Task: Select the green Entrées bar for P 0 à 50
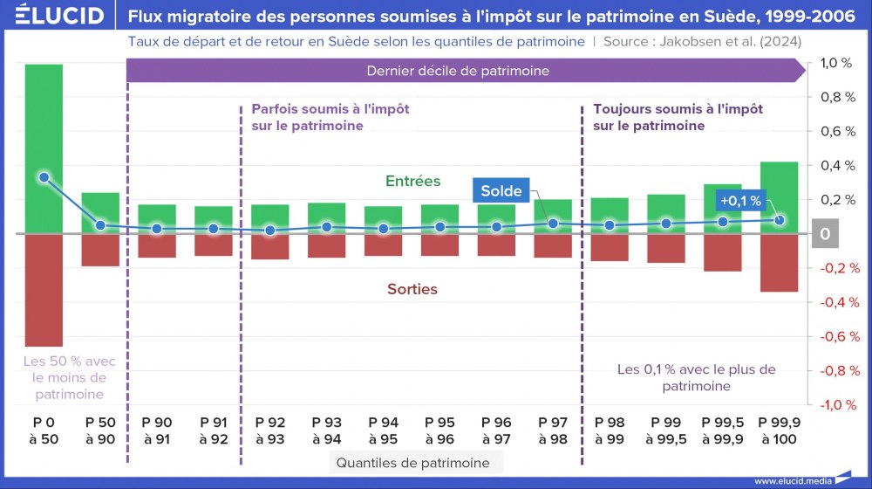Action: pyautogui.click(x=44, y=148)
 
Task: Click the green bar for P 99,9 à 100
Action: pyautogui.click(x=779, y=197)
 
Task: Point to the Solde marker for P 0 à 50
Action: pyautogui.click(x=44, y=177)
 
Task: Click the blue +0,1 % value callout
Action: pyautogui.click(x=739, y=201)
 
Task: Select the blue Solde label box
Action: pyautogui.click(x=501, y=191)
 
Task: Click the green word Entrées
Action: pyautogui.click(x=412, y=182)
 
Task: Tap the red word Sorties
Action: pyautogui.click(x=412, y=288)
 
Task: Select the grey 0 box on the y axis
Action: pyautogui.click(x=826, y=234)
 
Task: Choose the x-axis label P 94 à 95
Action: pyautogui.click(x=383, y=430)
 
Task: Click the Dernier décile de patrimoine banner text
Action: pyautogui.click(x=458, y=71)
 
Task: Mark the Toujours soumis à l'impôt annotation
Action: pyautogui.click(x=678, y=118)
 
